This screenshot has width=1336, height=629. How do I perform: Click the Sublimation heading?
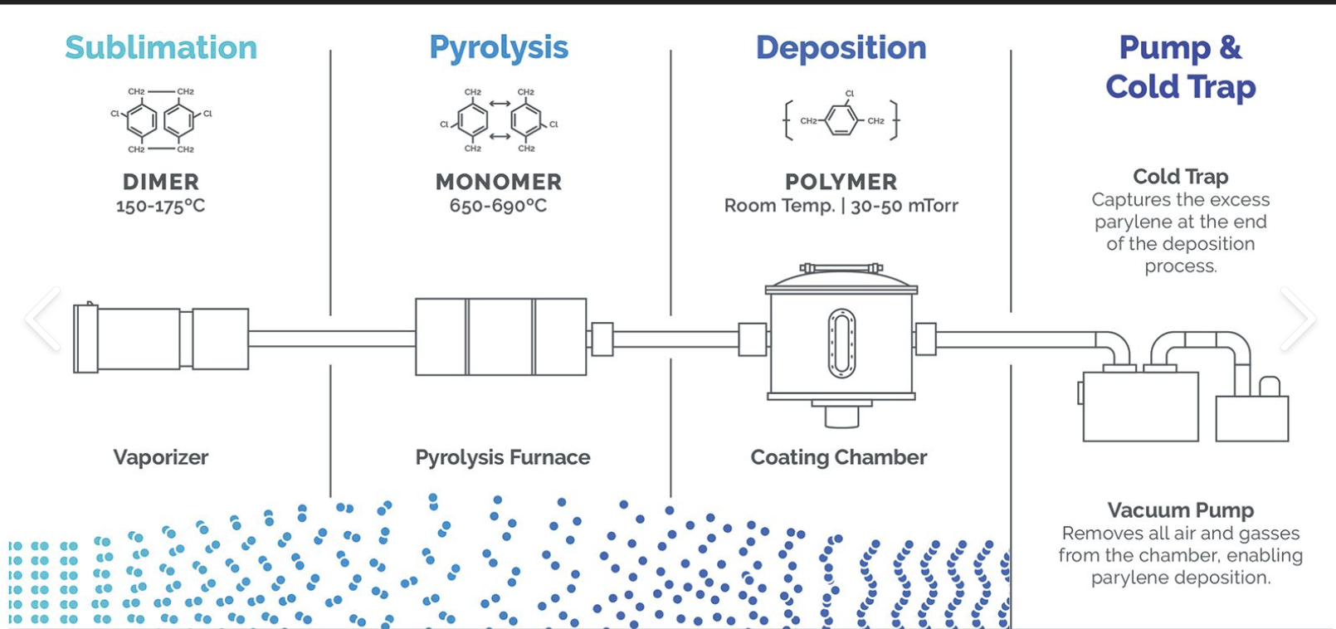tap(161, 48)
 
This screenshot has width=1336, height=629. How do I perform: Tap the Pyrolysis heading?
tap(499, 48)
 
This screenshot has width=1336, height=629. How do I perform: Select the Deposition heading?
tap(841, 48)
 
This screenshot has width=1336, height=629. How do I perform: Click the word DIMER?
tap(161, 182)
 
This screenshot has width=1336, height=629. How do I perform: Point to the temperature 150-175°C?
tap(161, 206)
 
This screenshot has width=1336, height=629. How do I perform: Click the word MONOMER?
tap(499, 182)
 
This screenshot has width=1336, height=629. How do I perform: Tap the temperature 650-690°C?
tap(499, 206)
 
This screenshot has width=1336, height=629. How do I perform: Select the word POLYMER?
tap(841, 182)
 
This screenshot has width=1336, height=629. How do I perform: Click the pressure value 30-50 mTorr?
tap(904, 206)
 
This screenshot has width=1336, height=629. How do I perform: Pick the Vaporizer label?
tap(161, 457)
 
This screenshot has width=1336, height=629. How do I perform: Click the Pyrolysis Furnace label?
tap(503, 457)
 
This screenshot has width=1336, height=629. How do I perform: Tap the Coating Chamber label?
tap(839, 457)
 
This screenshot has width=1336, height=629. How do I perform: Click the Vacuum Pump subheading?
tap(1180, 510)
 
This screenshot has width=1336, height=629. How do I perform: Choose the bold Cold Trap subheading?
tap(1180, 177)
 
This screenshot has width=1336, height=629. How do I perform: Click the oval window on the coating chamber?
tap(841, 343)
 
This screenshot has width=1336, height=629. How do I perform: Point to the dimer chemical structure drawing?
tap(160, 120)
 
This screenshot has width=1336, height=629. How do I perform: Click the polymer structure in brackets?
tap(841, 119)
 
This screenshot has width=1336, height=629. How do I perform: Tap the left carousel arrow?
tap(42, 319)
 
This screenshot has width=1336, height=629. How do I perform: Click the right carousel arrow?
tap(1297, 319)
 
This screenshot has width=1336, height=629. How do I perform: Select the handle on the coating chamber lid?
tap(841, 268)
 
